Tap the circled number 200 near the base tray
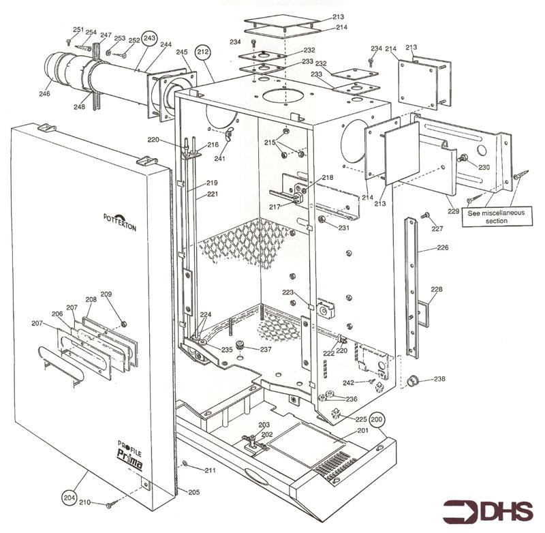coord(377,420)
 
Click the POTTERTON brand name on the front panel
coord(120,222)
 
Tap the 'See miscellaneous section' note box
coord(497,217)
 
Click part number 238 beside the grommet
coord(439,379)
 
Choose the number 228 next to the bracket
coord(437,290)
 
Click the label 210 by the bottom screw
coord(84,502)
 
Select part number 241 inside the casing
coord(219,159)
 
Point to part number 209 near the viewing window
coord(106,294)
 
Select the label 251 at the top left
coord(78,30)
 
